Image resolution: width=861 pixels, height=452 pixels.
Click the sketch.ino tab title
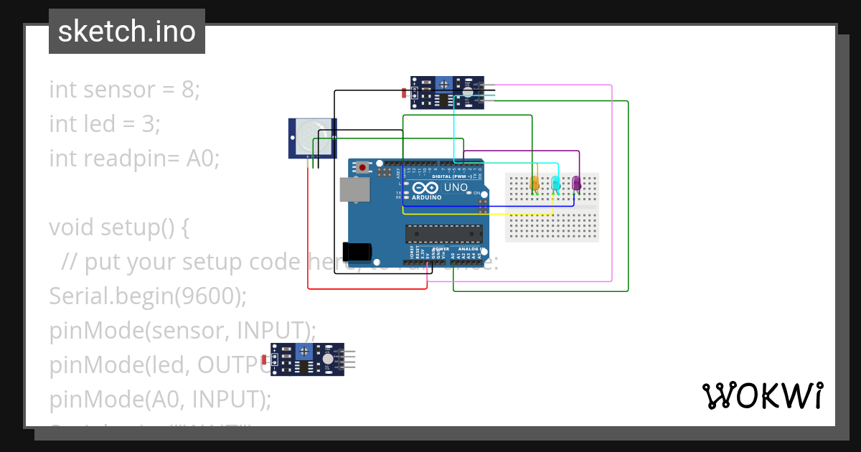126,32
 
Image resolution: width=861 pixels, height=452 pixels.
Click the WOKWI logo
762,395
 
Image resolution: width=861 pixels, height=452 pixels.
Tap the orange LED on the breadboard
535,183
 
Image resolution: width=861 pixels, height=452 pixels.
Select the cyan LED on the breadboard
555,183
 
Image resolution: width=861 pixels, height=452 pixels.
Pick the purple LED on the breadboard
576,183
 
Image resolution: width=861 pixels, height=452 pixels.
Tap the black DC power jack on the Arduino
357,251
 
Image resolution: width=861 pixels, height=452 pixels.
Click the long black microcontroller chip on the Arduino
443,232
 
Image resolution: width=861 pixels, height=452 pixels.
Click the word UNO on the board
456,187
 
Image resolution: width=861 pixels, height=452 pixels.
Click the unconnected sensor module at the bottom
309,359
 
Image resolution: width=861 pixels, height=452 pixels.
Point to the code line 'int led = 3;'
105,124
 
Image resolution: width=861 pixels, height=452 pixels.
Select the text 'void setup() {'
119,227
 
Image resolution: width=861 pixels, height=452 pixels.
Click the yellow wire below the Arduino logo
474,214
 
